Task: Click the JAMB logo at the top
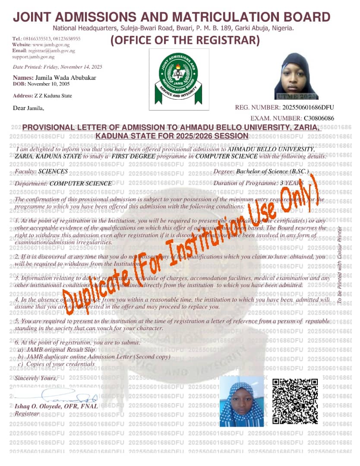(x=179, y=79)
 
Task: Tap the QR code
(x=295, y=401)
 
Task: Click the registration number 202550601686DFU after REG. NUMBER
(x=308, y=107)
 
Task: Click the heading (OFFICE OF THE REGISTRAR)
(x=185, y=41)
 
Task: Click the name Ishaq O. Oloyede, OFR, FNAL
(x=57, y=406)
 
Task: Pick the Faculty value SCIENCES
(x=53, y=171)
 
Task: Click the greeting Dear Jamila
(x=29, y=108)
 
